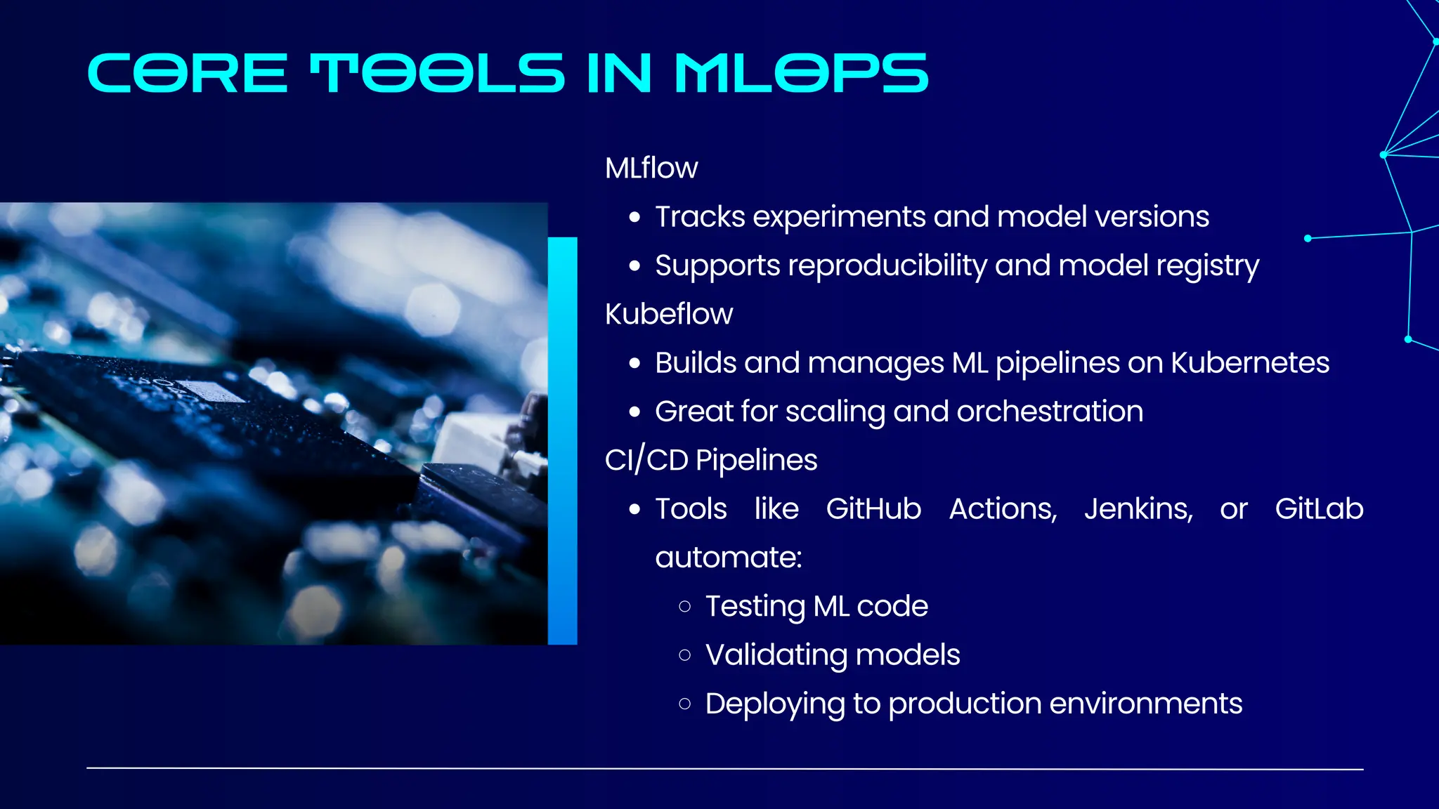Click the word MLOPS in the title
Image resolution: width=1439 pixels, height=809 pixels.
tap(801, 73)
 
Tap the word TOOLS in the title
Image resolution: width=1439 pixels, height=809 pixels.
tap(437, 73)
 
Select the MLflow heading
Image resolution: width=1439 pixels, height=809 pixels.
tap(651, 169)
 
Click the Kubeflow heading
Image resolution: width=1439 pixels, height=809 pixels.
tap(669, 315)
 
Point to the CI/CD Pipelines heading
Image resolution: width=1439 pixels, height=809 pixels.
tap(711, 461)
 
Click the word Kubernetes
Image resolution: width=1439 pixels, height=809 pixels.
tap(1250, 363)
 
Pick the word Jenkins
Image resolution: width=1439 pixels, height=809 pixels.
tap(1138, 509)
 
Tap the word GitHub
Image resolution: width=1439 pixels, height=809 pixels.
tap(873, 509)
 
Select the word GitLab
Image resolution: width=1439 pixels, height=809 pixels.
tap(1319, 509)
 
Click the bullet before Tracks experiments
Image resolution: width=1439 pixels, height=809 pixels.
tap(635, 218)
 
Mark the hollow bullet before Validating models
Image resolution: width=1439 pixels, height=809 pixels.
tap(685, 656)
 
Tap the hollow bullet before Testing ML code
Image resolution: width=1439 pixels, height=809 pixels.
tap(685, 607)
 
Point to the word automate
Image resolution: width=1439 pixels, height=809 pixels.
tap(728, 558)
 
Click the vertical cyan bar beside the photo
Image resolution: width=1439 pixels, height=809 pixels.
tap(562, 440)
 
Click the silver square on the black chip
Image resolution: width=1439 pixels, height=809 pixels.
tap(210, 390)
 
